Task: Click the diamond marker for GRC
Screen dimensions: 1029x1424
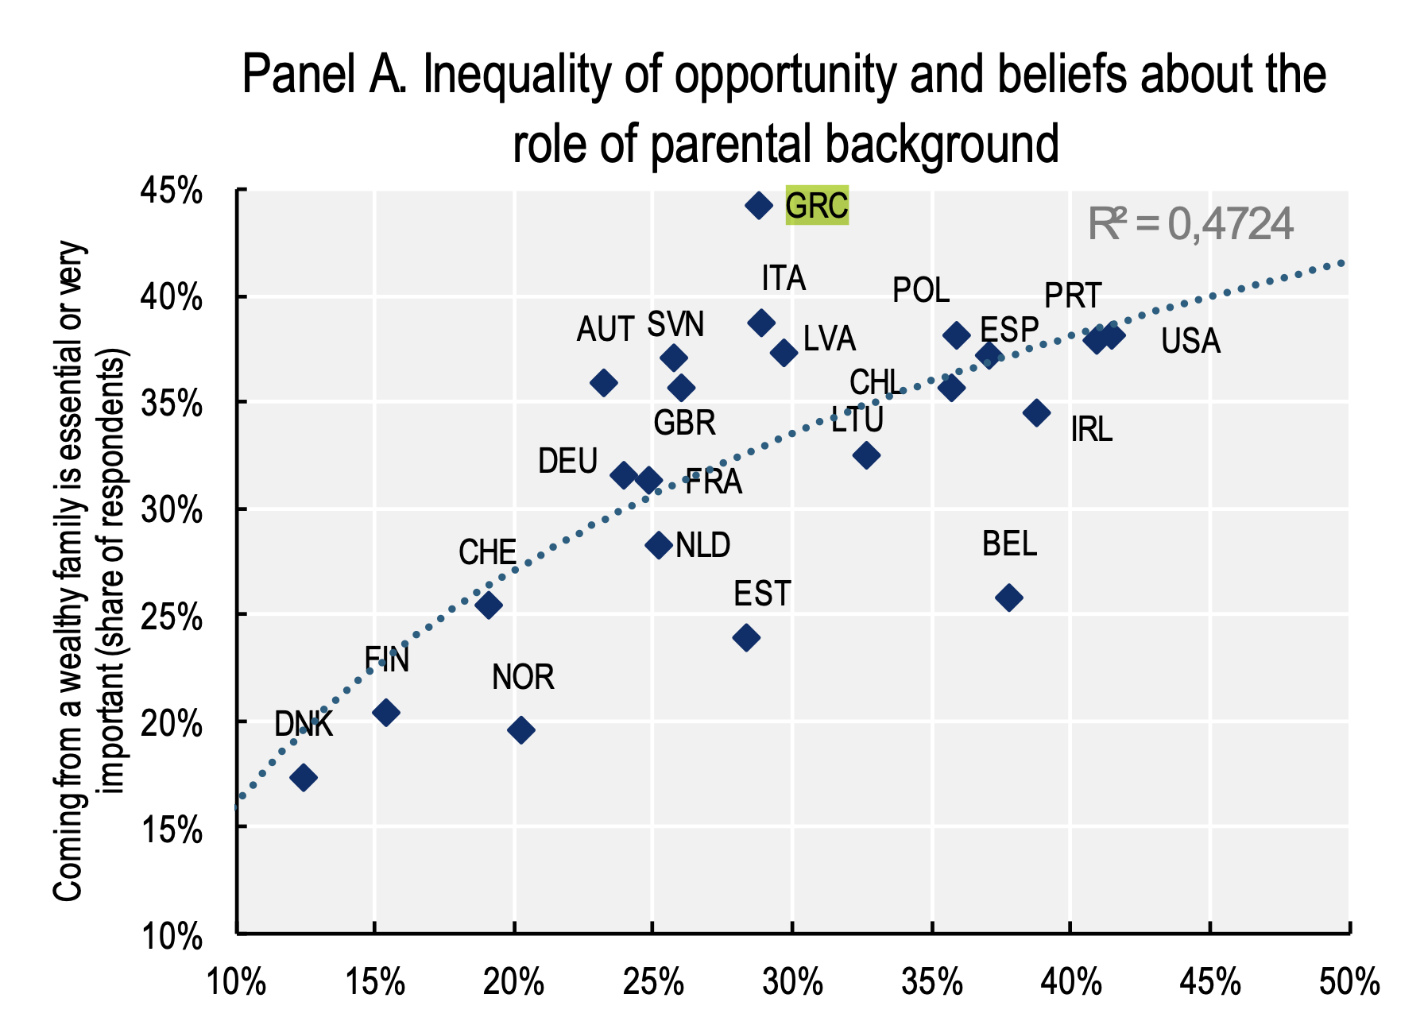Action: [x=759, y=206]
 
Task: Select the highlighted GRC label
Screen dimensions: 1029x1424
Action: [x=817, y=206]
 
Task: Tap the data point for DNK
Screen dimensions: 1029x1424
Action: [x=304, y=777]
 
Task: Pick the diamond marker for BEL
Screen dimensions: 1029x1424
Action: [x=1009, y=598]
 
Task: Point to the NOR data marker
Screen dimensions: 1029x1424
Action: [x=521, y=730]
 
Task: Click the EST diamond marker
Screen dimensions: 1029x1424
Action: [x=746, y=637]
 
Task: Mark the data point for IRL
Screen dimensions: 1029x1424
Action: [x=1037, y=412]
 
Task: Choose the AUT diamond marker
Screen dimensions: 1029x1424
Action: [x=604, y=383]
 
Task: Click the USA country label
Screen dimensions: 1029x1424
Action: [x=1190, y=341]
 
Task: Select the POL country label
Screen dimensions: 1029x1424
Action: [x=921, y=291]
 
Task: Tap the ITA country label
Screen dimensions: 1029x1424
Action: [x=784, y=279]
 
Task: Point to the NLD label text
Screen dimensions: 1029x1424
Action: [x=703, y=546]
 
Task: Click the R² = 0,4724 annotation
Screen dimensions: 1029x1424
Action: [x=1190, y=224]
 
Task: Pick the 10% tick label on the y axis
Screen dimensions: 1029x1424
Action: [x=171, y=936]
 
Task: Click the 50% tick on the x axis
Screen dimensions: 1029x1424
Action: [x=1349, y=984]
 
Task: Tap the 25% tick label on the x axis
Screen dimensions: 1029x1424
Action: [x=653, y=984]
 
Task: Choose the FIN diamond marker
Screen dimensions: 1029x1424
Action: [x=386, y=713]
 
